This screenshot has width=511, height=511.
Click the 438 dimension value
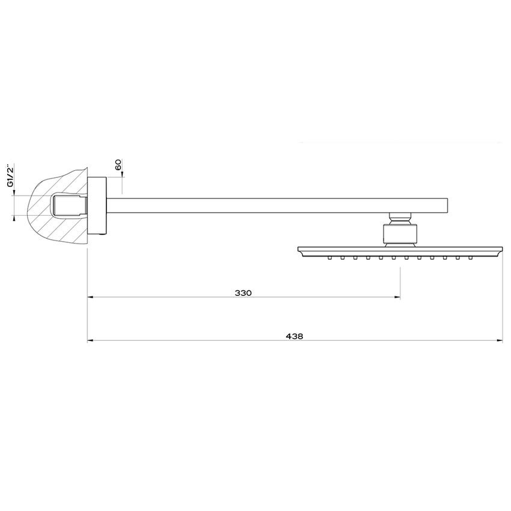pos(295,337)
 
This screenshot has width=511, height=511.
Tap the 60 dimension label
pos(118,164)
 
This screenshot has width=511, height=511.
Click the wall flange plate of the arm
pos(97,206)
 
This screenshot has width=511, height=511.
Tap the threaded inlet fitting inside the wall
pos(70,206)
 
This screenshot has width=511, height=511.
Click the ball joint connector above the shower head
pos(399,218)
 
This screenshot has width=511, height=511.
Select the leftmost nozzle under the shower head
pos(329,259)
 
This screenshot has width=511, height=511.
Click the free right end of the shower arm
pos(448,205)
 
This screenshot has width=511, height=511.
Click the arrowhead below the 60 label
pos(122,175)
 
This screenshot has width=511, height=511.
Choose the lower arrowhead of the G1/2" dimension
pos(13,218)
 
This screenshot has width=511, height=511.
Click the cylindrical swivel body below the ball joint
pos(399,234)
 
